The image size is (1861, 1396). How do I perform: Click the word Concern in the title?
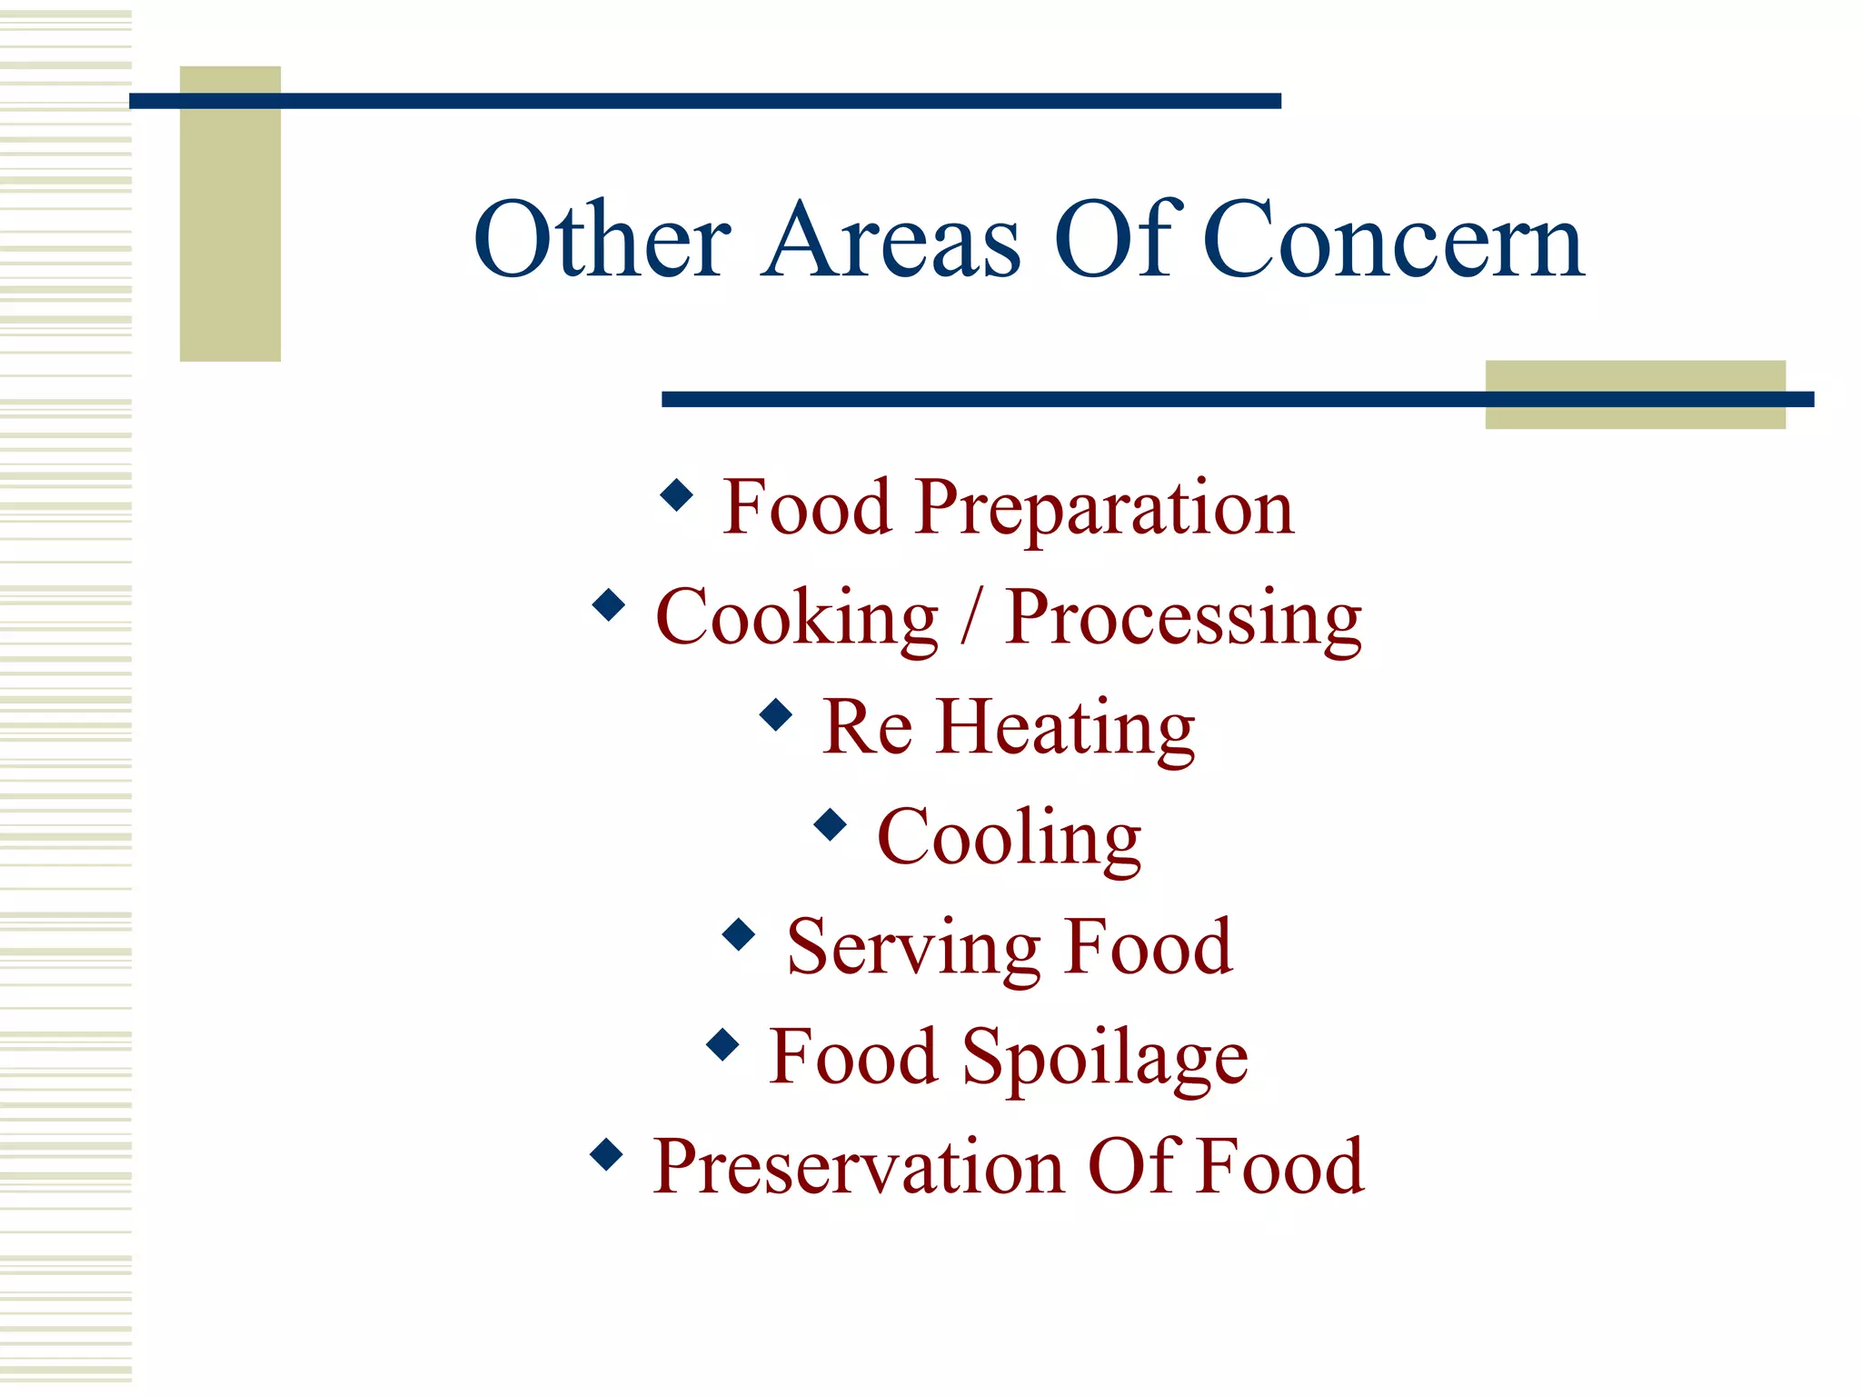(1394, 240)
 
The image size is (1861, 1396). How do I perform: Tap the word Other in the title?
(602, 240)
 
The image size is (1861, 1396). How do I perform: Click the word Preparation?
(1105, 509)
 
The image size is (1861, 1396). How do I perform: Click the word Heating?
(1065, 729)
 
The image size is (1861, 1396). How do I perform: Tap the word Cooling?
(1009, 839)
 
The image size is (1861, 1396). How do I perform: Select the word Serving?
(912, 949)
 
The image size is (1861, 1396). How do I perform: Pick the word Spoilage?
(1105, 1059)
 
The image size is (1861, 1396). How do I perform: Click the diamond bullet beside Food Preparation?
(677, 495)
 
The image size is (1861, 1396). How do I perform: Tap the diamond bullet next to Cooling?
(831, 824)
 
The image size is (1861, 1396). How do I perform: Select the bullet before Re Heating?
(776, 714)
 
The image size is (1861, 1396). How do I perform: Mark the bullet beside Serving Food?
(740, 934)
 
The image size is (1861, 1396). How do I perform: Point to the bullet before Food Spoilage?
(722, 1044)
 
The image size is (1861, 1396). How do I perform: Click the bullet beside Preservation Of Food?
(606, 1154)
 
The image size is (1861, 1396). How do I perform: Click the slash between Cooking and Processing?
(971, 618)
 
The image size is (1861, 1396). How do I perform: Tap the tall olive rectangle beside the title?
(230, 227)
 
